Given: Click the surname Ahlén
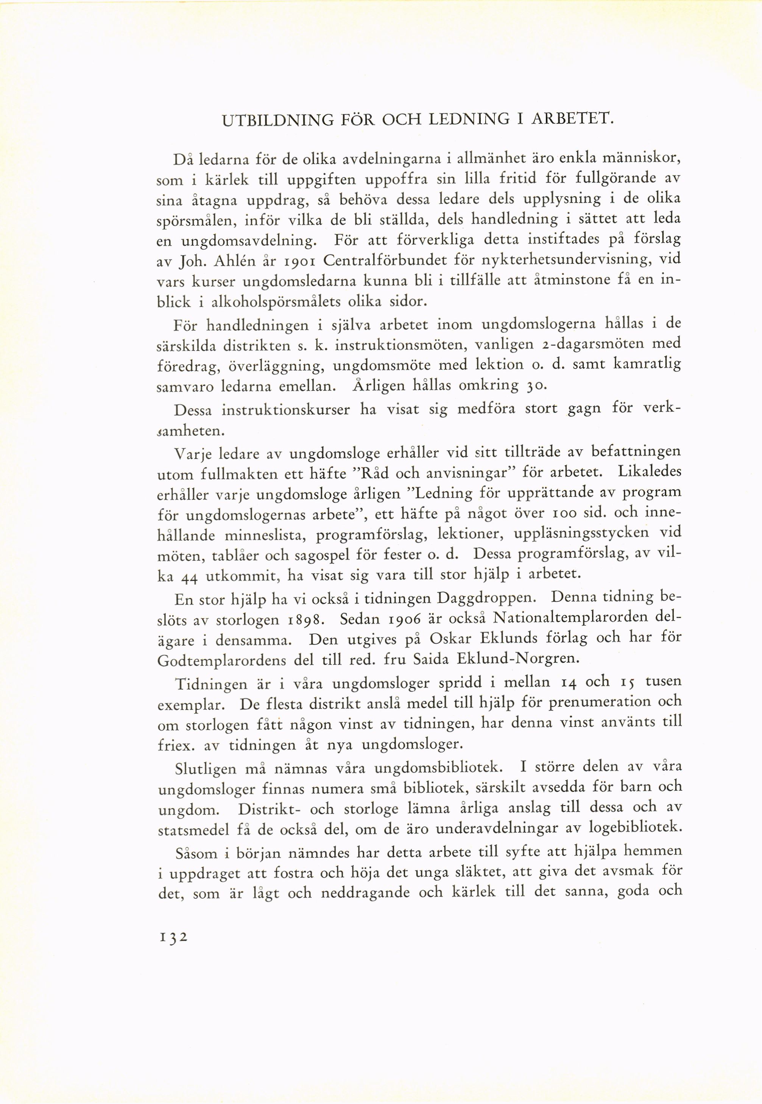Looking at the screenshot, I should point(234,261).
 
